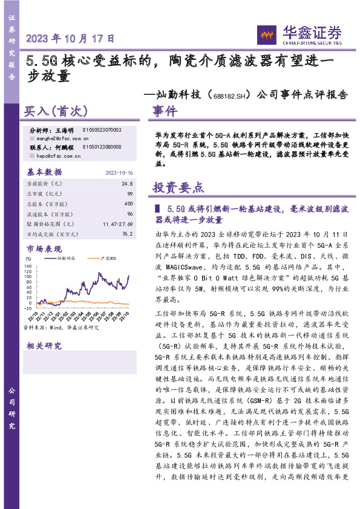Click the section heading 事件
(165, 112)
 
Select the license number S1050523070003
(101, 130)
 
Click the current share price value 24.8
(126, 183)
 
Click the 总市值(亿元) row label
(44, 193)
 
